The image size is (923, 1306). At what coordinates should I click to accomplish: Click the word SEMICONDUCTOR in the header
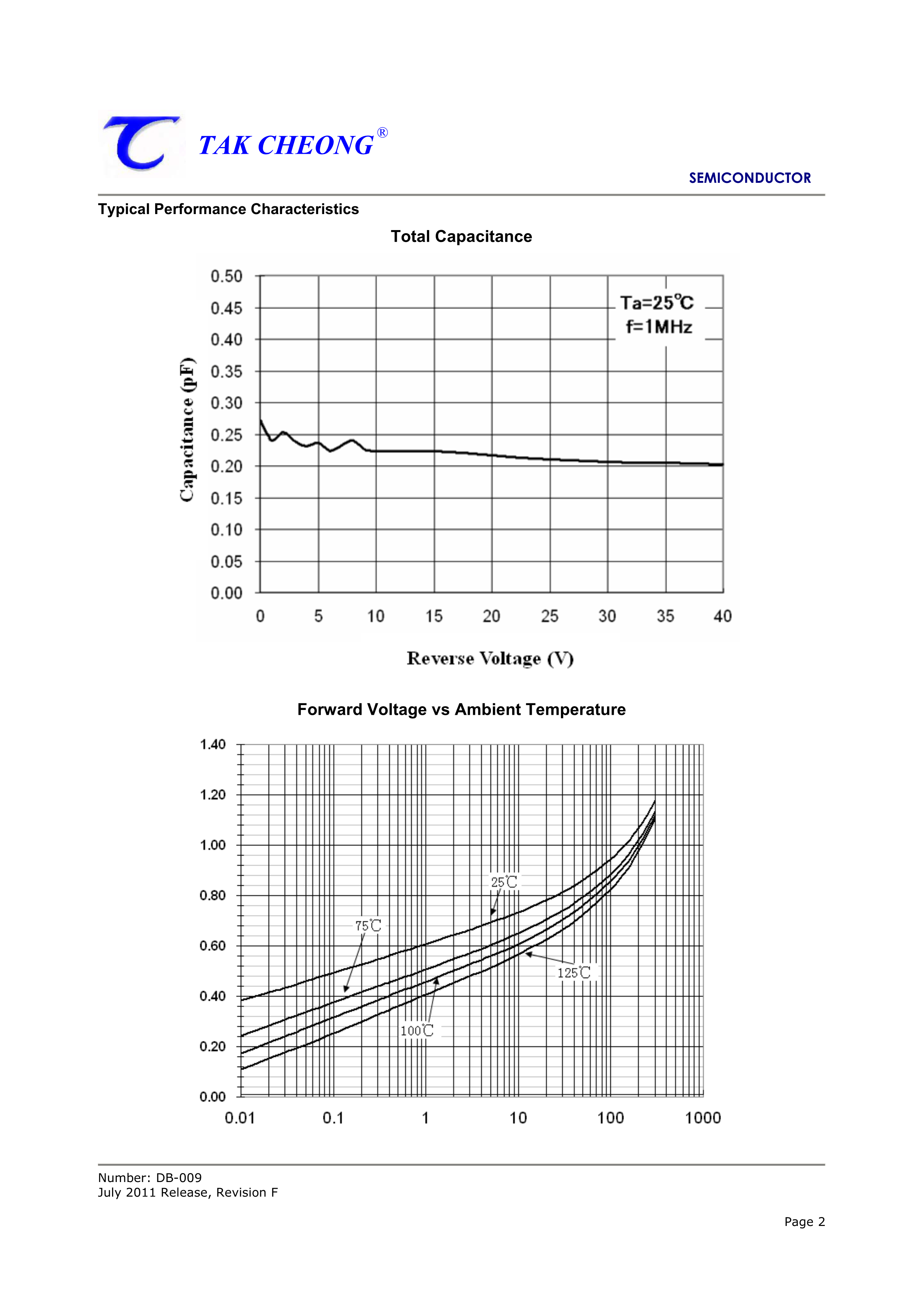click(750, 178)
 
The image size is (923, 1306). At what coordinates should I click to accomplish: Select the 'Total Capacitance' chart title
click(461, 237)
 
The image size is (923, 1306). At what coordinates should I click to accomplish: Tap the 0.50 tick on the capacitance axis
click(226, 277)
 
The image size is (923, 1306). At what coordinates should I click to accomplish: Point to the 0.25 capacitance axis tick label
click(226, 435)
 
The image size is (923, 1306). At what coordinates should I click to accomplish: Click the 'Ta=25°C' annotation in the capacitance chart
click(657, 303)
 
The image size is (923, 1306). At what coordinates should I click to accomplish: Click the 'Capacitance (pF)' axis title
click(187, 430)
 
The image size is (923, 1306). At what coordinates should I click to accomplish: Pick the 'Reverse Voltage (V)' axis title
click(490, 659)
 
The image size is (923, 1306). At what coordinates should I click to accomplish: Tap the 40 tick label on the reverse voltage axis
click(722, 616)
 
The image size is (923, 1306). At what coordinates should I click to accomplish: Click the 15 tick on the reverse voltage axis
click(434, 616)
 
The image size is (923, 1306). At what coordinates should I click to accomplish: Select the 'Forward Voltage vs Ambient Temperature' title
click(461, 710)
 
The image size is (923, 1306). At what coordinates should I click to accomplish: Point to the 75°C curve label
click(368, 926)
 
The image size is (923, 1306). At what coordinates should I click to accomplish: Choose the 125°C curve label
click(574, 973)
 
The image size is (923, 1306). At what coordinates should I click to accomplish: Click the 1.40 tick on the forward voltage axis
click(213, 745)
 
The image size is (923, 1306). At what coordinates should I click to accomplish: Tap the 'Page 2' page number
click(804, 1222)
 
